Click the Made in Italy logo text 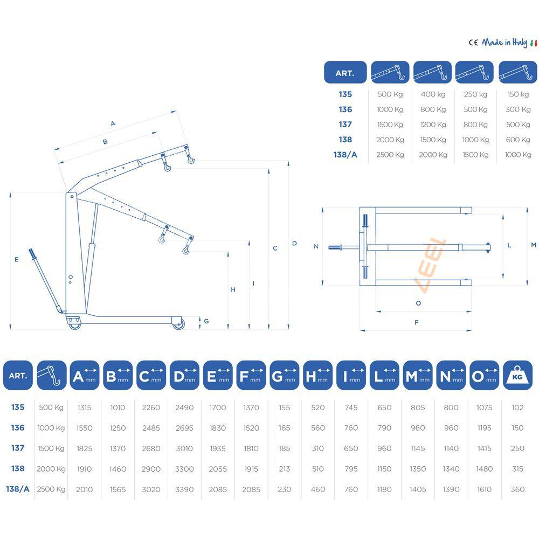pos(505,43)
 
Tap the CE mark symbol pos(474,43)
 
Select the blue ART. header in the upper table pos(345,73)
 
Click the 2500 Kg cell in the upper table pos(390,155)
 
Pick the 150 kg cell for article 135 pos(518,94)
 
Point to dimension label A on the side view pos(113,123)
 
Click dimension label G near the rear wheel pos(206,321)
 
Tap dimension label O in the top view pos(418,303)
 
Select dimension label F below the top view pos(417,323)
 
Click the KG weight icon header pos(517,375)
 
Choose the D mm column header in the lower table pos(184,375)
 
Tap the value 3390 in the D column pos(184,489)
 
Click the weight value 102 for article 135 pos(517,407)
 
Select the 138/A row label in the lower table pos(18,489)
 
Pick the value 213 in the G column pos(285,469)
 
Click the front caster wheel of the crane pos(178,323)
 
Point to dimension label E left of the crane pos(17,259)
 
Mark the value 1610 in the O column pos(484,489)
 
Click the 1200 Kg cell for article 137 pos(433,125)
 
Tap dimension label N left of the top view pos(316,246)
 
